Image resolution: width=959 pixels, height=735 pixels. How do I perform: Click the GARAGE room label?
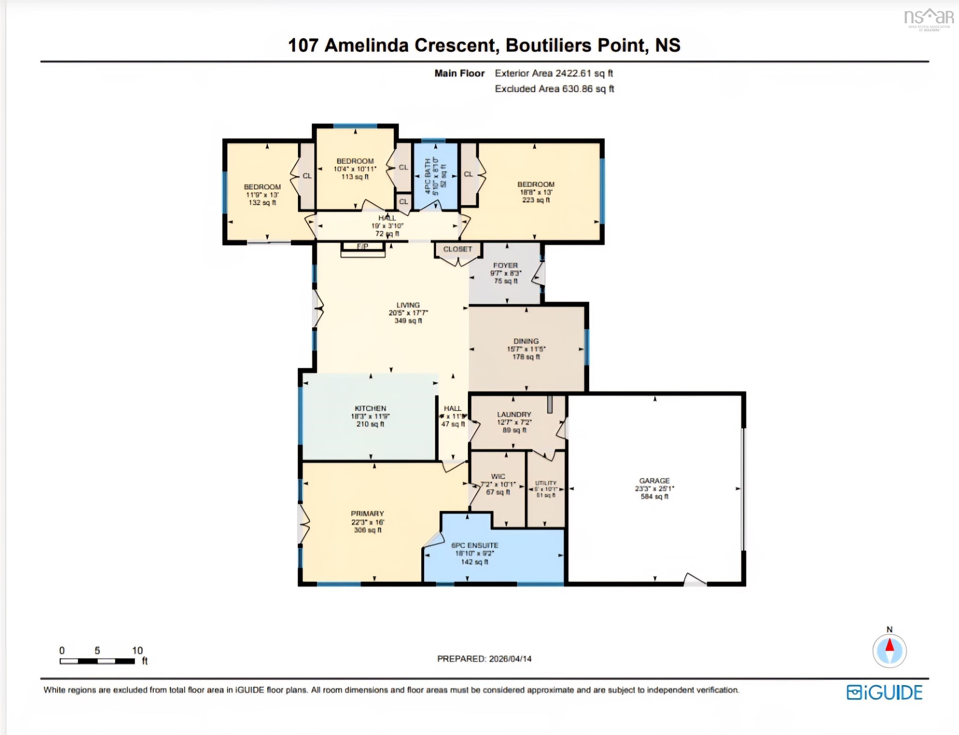[x=654, y=480]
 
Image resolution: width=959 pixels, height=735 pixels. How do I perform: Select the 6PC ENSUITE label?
[x=475, y=545]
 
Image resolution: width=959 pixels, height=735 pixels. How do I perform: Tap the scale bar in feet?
[x=97, y=661]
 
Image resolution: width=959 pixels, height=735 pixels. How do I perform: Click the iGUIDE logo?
[x=885, y=693]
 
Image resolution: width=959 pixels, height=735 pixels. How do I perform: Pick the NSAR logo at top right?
[x=929, y=19]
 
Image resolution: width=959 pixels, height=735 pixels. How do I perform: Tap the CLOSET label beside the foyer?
[x=457, y=249]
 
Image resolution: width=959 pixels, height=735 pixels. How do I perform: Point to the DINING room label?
[x=526, y=341]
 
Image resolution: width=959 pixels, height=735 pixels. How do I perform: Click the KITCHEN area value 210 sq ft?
[x=370, y=424]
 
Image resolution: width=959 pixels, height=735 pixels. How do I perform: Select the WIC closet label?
[x=498, y=476]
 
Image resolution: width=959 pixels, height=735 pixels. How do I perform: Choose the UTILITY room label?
[x=546, y=483]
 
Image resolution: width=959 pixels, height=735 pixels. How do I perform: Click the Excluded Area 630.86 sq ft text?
[x=554, y=89]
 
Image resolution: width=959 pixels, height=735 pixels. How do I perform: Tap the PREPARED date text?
[x=484, y=658]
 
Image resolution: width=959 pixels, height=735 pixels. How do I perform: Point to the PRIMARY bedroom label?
[x=367, y=513]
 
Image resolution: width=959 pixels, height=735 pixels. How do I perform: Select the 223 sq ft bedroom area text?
[x=536, y=200]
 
